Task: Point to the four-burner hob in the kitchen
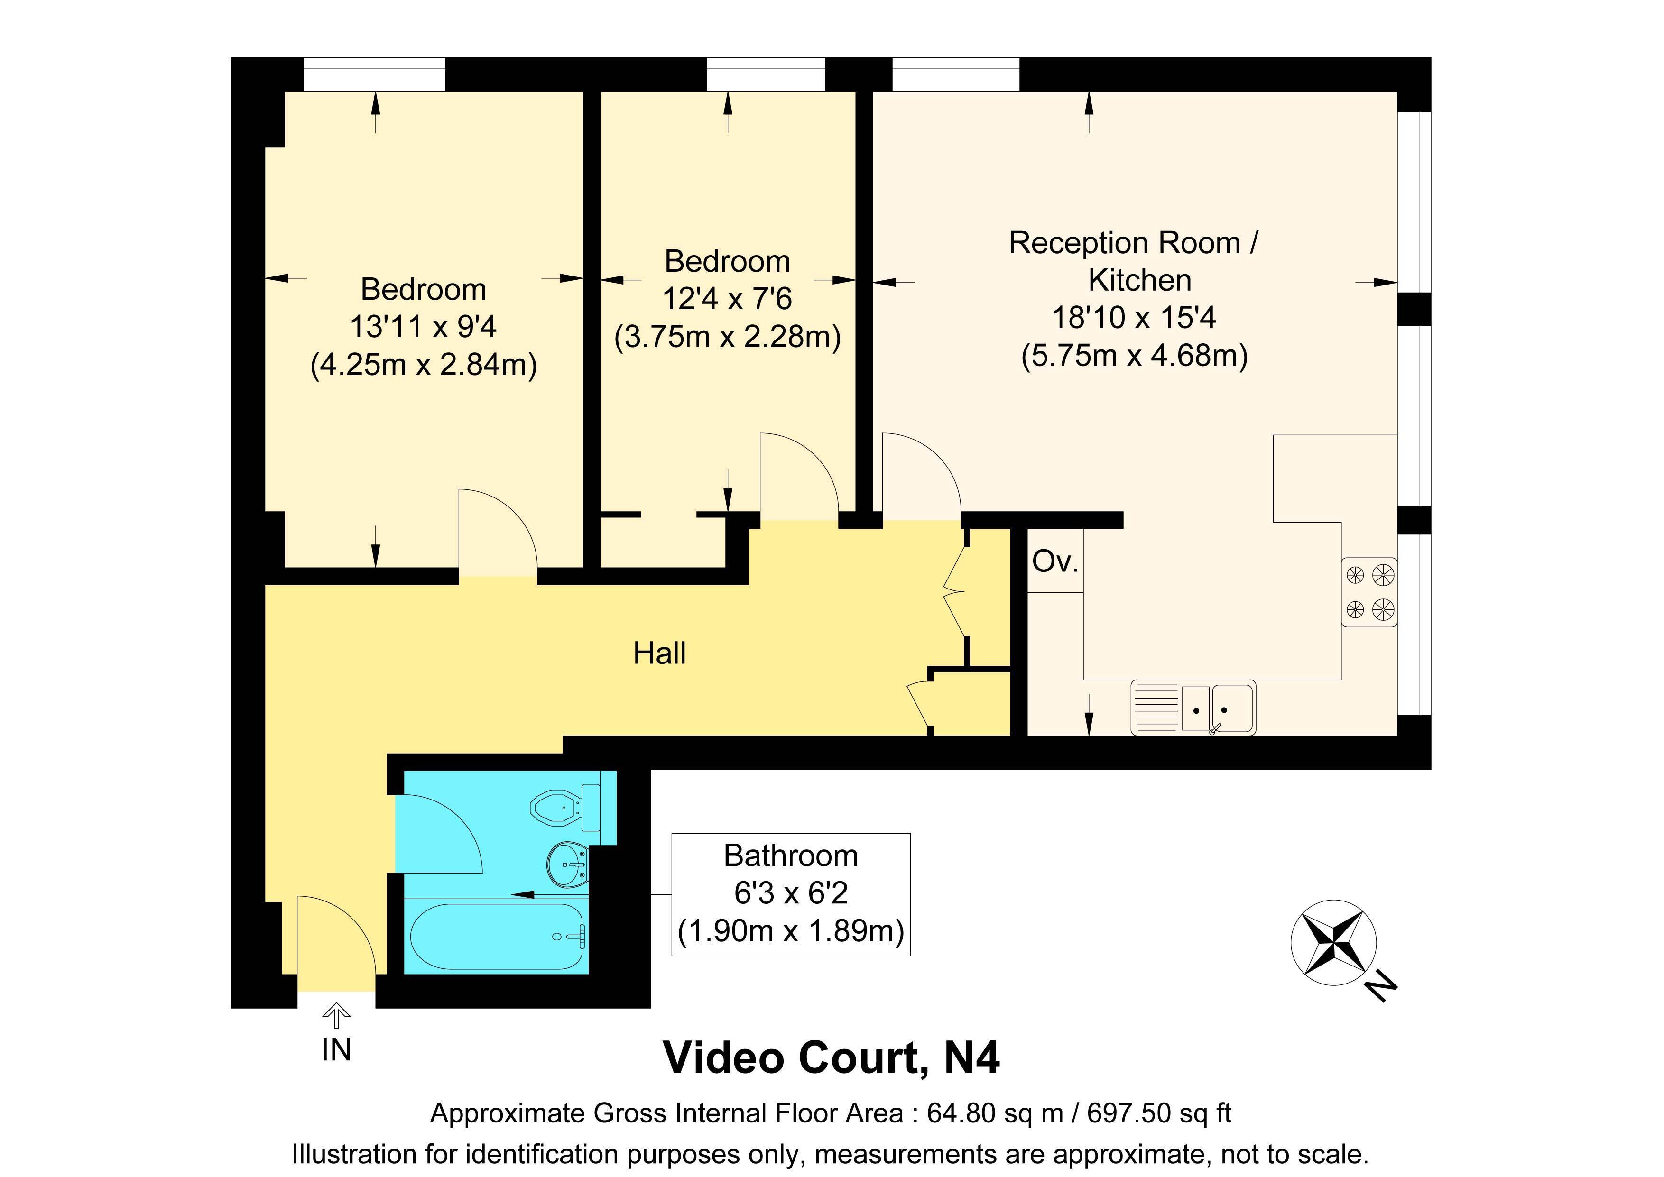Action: (1369, 591)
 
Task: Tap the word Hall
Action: (659, 653)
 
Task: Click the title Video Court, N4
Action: (831, 1057)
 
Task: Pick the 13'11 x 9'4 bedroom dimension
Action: (423, 327)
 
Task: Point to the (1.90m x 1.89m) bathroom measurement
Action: (791, 930)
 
